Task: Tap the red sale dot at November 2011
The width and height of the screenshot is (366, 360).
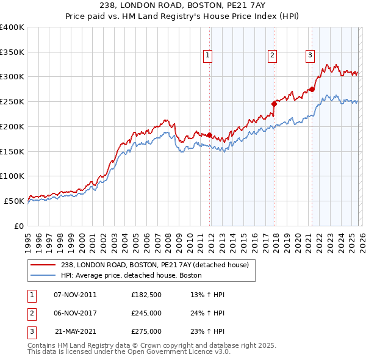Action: (x=209, y=135)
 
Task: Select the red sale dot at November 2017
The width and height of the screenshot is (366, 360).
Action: (x=274, y=104)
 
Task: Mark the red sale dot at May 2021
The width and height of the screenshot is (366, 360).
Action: (x=312, y=89)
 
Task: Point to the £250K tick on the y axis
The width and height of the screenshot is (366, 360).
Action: (x=12, y=101)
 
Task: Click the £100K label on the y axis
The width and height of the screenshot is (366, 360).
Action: (x=12, y=176)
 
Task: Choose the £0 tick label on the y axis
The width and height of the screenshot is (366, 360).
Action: (x=18, y=226)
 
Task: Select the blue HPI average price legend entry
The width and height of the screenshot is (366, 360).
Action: (x=131, y=276)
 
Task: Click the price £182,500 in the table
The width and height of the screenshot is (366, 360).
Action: (x=146, y=295)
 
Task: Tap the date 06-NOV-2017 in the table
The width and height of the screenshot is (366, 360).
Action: (x=75, y=313)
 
